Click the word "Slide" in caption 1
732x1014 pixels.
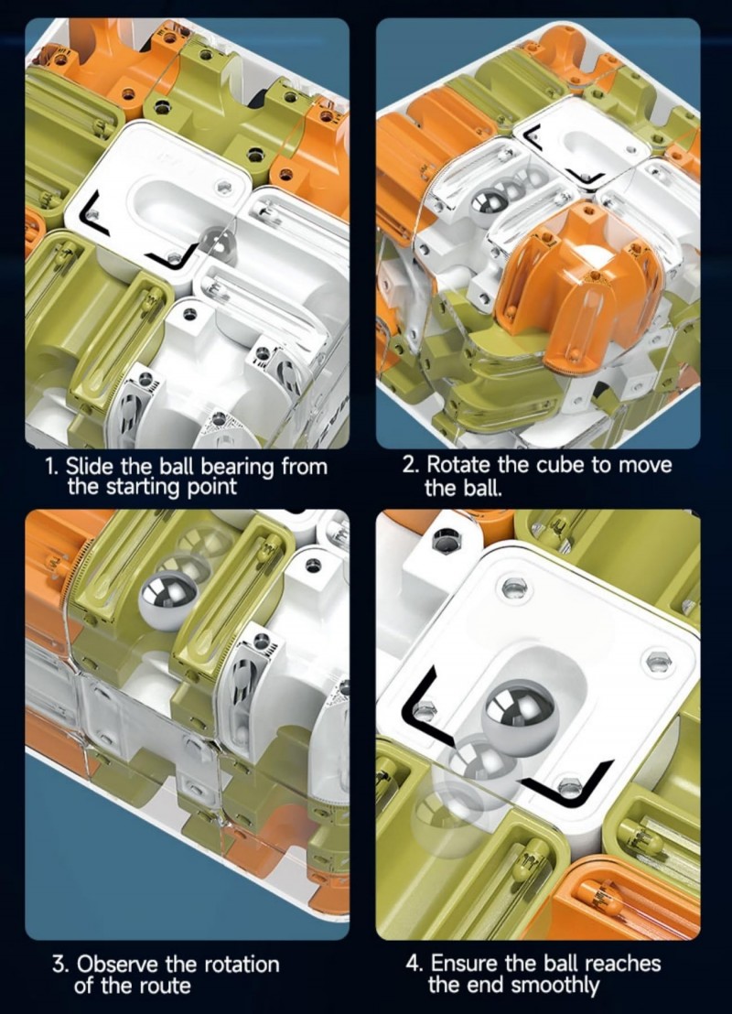click(x=91, y=466)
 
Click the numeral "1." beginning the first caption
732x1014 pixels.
click(x=53, y=466)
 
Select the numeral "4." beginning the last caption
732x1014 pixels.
click(x=414, y=963)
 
